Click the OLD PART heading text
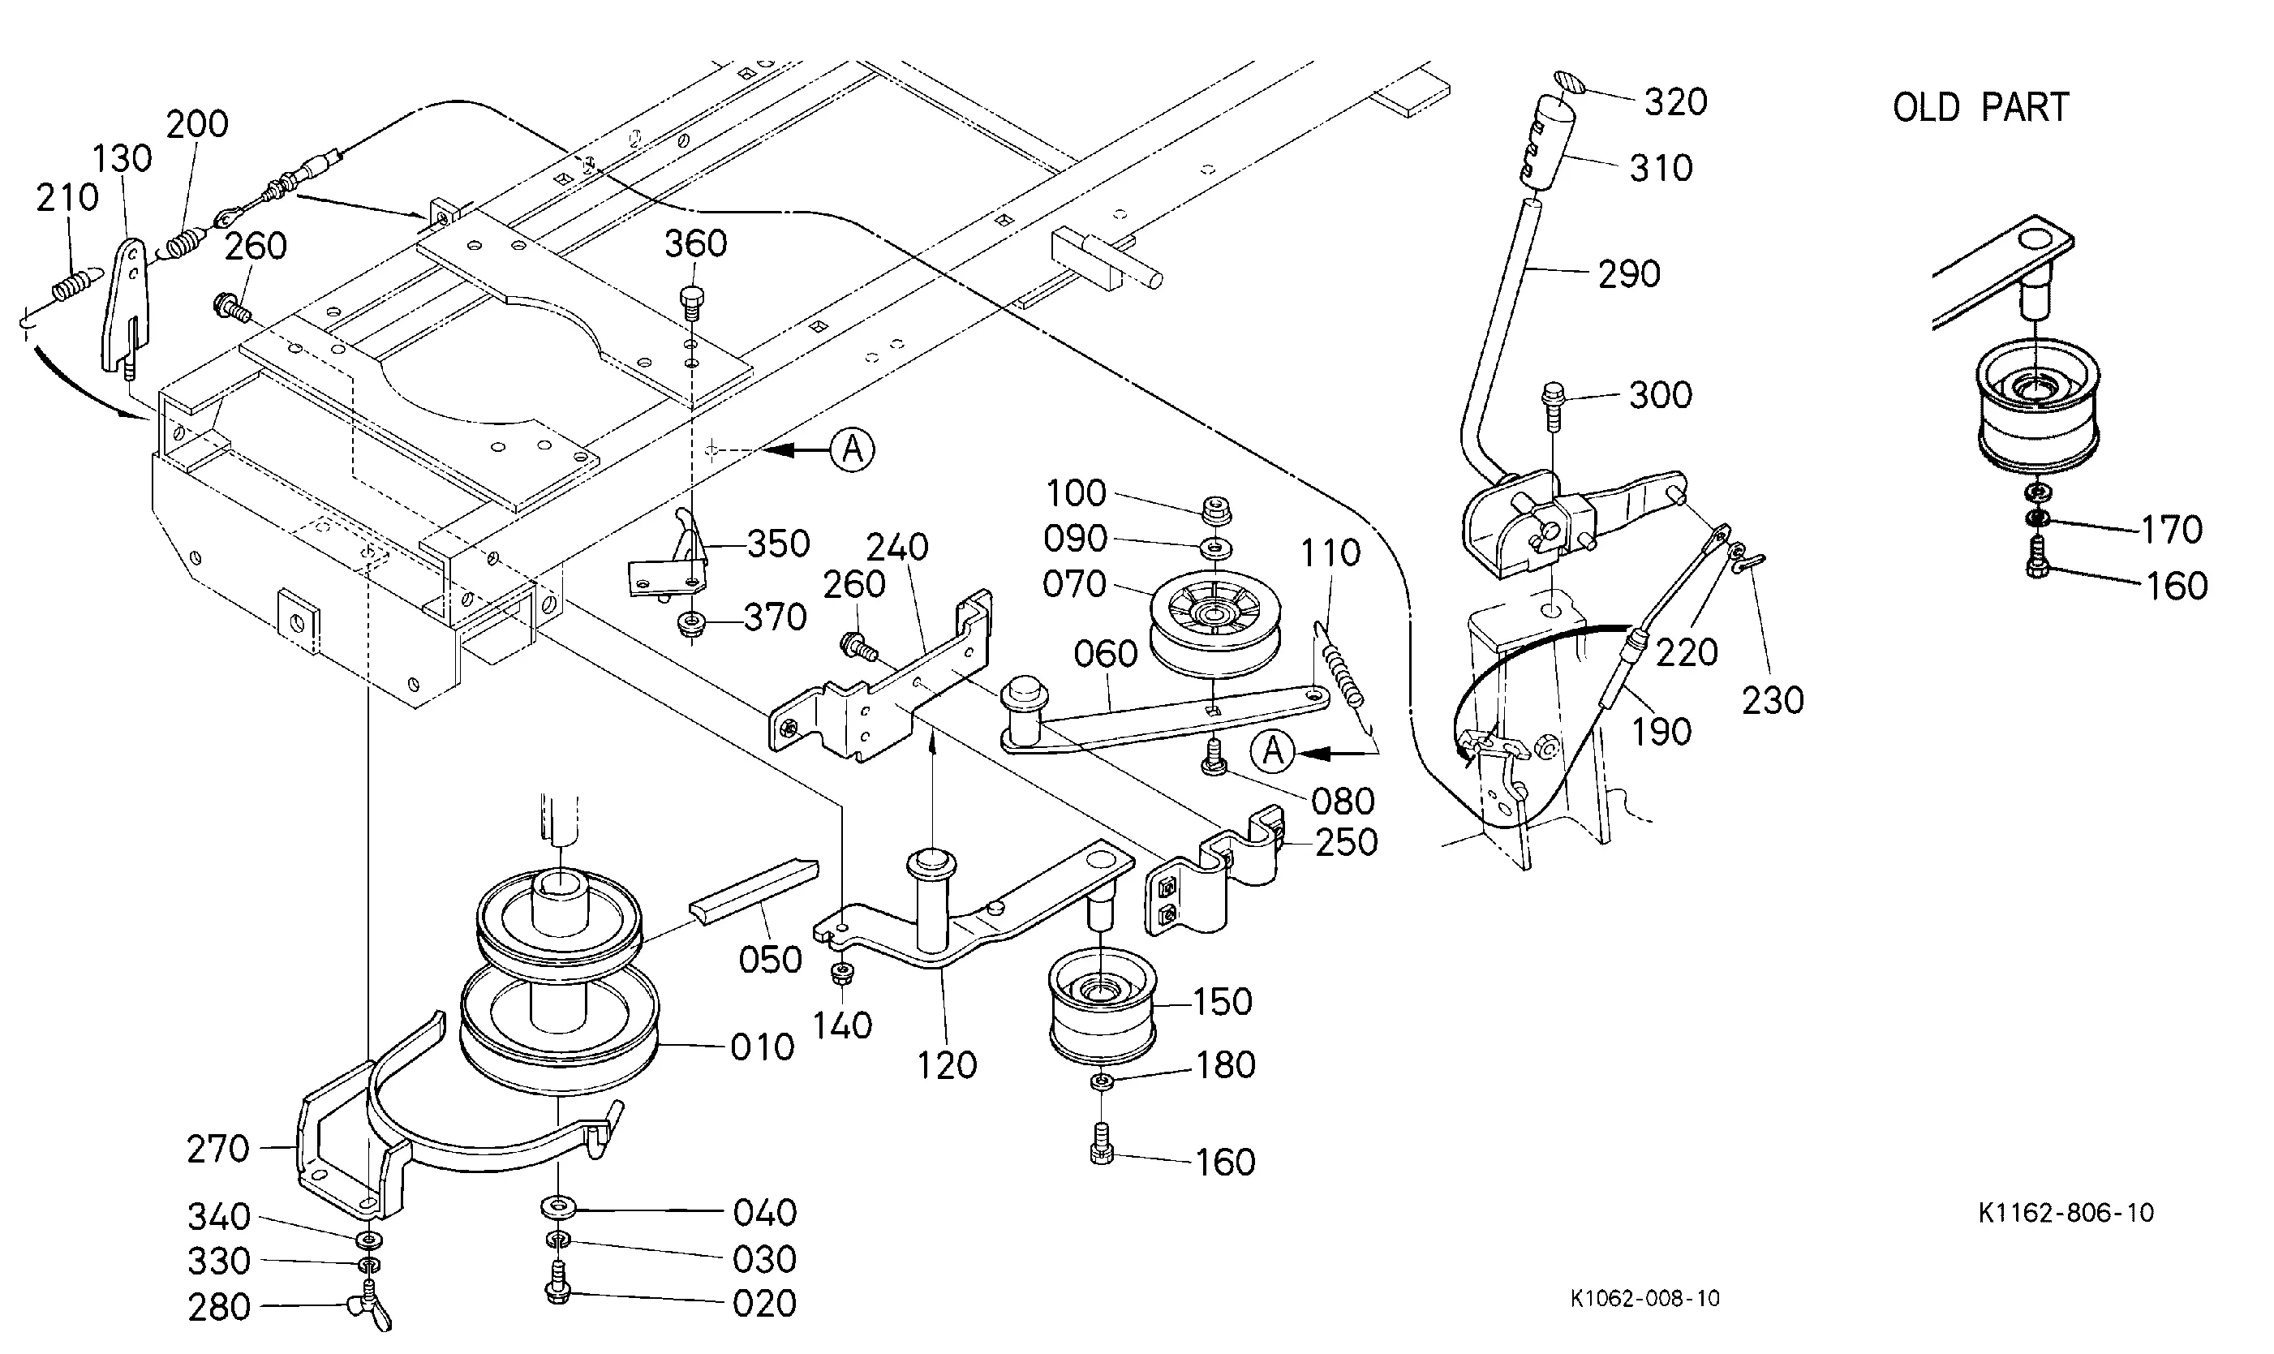coord(1980,108)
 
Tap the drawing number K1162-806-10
coord(2066,1213)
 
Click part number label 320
coord(1675,102)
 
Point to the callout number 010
coord(763,1047)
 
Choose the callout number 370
coord(776,617)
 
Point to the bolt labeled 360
coord(692,302)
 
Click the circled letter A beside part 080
coord(1274,751)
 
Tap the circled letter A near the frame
coord(852,449)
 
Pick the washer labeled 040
coord(557,1208)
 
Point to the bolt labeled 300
coord(1550,408)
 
